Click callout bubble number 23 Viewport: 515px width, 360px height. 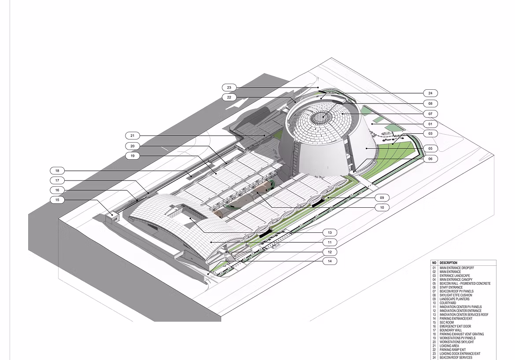pyautogui.click(x=229, y=88)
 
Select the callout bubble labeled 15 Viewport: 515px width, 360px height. pyautogui.click(x=58, y=200)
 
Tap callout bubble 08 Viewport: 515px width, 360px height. pyautogui.click(x=430, y=103)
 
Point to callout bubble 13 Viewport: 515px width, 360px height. pyautogui.click(x=330, y=232)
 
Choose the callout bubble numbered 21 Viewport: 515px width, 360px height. pyautogui.click(x=132, y=135)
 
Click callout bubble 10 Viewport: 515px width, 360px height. pyautogui.click(x=382, y=207)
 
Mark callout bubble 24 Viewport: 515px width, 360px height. pyautogui.click(x=430, y=93)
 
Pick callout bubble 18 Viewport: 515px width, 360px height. pyautogui.click(x=58, y=170)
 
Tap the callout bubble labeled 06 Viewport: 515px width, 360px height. pyautogui.click(x=430, y=158)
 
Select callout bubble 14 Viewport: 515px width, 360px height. pyautogui.click(x=330, y=261)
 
